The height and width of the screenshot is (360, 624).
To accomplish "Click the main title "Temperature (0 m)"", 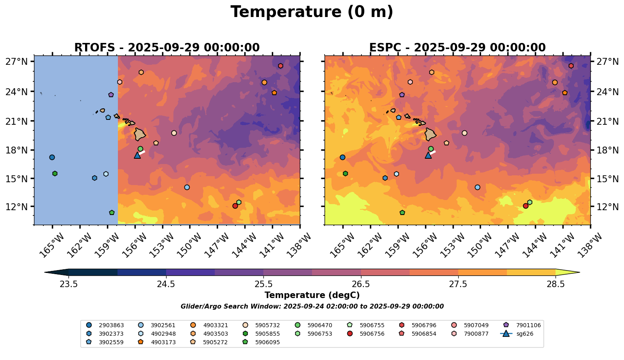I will point(312,12).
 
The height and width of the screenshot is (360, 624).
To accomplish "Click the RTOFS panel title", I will point(167,48).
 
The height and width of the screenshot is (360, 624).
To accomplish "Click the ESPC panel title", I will point(457,48).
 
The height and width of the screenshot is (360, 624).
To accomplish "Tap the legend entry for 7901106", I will point(528,325).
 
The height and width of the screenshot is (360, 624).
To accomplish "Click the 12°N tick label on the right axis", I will point(607,207).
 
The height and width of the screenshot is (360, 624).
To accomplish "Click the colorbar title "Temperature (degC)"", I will point(312,295).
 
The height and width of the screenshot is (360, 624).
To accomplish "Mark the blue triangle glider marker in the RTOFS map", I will point(137,155).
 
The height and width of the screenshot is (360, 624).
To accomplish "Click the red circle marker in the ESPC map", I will point(526,206).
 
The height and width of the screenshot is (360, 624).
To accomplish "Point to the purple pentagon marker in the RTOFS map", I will point(111,95).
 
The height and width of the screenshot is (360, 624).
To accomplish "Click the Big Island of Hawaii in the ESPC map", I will point(430,134).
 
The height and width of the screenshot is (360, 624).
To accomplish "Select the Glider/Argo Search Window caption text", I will point(312,307).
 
